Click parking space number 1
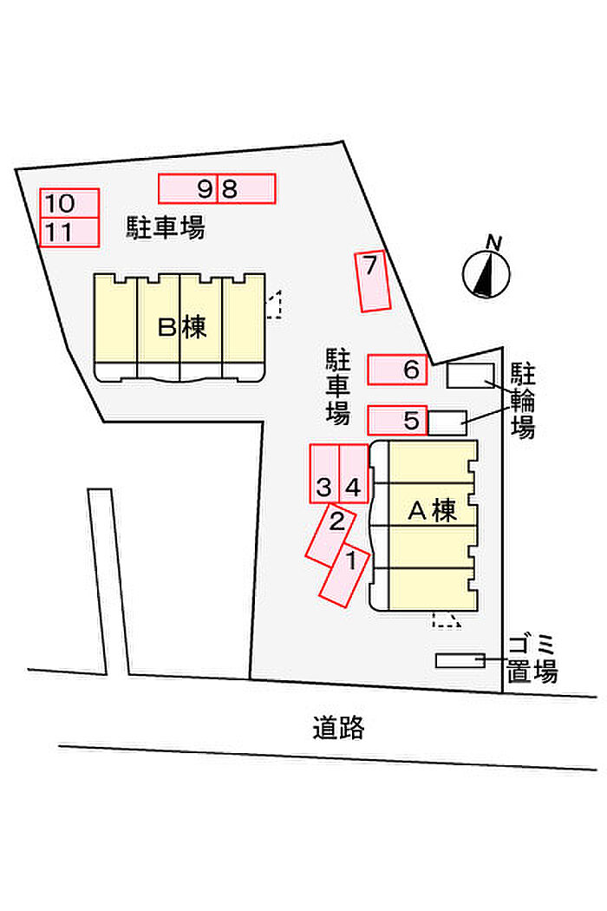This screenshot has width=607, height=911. [344, 574]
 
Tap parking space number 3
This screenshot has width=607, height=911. [324, 474]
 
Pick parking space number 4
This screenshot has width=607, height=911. [353, 474]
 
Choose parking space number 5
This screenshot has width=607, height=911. [397, 420]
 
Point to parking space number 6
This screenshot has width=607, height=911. [397, 370]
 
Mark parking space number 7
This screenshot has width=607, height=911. [372, 281]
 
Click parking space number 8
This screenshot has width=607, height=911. [245, 188]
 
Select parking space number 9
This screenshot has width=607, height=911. [188, 188]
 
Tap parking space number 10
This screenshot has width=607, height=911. [69, 203]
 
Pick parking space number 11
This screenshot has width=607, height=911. [69, 232]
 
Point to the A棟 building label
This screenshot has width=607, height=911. [433, 511]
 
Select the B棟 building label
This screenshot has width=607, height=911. [182, 327]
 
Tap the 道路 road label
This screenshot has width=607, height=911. [338, 727]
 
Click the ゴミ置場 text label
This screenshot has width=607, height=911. [532, 659]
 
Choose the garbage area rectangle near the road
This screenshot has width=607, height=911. [460, 660]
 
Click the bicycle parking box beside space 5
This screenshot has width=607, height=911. [447, 423]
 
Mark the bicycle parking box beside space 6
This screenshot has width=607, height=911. [471, 376]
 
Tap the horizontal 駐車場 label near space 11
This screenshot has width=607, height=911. [166, 227]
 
